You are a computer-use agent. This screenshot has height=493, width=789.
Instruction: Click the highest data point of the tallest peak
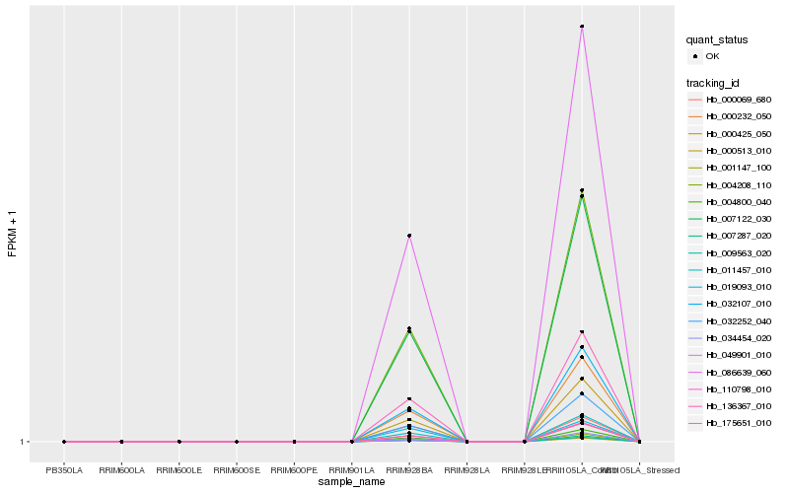582,27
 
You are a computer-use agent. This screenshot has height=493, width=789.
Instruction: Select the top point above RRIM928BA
409,236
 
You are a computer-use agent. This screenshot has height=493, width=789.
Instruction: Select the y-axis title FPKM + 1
12,235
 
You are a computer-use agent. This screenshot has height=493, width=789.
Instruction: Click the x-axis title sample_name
352,482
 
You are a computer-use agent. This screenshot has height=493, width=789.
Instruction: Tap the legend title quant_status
717,40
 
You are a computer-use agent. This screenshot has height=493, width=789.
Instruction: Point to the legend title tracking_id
714,82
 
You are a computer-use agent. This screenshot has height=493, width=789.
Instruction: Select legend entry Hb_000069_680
739,100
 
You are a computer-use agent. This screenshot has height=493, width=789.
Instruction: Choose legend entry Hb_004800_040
739,202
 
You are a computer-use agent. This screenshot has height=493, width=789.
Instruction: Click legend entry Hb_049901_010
739,355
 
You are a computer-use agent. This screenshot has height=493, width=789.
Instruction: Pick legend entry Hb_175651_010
739,423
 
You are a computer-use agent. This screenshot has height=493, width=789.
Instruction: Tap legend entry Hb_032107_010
739,304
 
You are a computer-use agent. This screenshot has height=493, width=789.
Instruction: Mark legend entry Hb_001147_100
739,168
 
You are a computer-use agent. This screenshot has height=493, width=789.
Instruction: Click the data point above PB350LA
64,442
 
